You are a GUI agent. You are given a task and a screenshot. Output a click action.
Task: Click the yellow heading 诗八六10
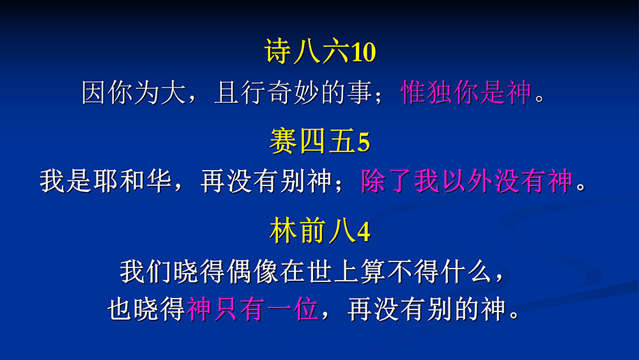coord(320,51)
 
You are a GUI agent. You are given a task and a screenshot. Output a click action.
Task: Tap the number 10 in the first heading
coord(364,52)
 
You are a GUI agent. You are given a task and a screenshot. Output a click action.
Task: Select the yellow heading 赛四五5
coord(320,141)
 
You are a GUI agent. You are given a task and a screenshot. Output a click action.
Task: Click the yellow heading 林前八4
coord(320,231)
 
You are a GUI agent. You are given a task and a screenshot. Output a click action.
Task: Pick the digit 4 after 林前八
coord(364,231)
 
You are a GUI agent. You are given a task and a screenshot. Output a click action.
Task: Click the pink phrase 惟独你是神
coord(466,92)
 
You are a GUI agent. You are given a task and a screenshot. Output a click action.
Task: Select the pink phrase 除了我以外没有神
coord(467,180)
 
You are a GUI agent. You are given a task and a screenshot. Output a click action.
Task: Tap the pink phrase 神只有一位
coord(252,309)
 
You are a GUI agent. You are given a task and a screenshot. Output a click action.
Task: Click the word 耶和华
coord(133,180)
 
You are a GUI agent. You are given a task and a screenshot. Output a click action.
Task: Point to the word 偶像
coord(252,272)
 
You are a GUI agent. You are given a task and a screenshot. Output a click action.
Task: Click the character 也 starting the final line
coord(120,309)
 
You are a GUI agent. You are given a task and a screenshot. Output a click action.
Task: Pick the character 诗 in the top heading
coord(278,51)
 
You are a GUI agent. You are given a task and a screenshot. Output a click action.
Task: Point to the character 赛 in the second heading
coord(283,141)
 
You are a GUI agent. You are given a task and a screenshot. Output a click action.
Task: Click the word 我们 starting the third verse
coord(146,272)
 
